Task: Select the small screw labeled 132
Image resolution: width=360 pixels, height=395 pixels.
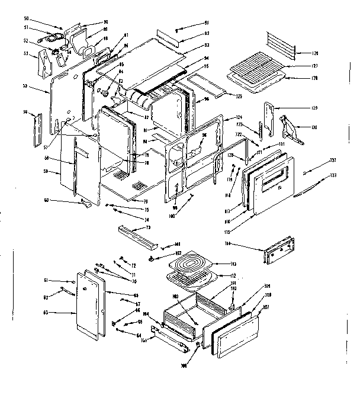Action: (304, 172)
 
